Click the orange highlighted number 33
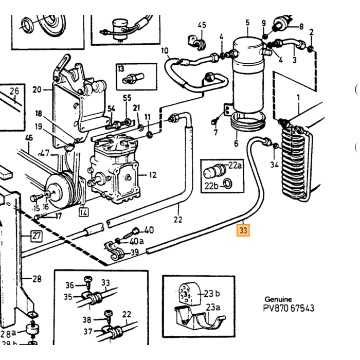[x=243, y=230]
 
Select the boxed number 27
[x=37, y=236]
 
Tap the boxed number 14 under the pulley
[x=83, y=212]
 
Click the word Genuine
[x=278, y=299]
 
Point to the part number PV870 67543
[x=289, y=308]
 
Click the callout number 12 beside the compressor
[x=152, y=175]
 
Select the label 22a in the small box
[x=235, y=165]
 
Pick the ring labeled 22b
[x=227, y=184]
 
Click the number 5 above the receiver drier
[x=247, y=23]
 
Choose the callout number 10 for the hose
[x=165, y=51]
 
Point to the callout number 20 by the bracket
[x=37, y=89]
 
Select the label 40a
[x=137, y=241]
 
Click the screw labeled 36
[x=88, y=281]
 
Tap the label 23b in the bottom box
[x=212, y=293]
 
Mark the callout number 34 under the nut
[x=274, y=165]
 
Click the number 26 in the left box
[x=14, y=91]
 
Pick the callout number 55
[x=127, y=98]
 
